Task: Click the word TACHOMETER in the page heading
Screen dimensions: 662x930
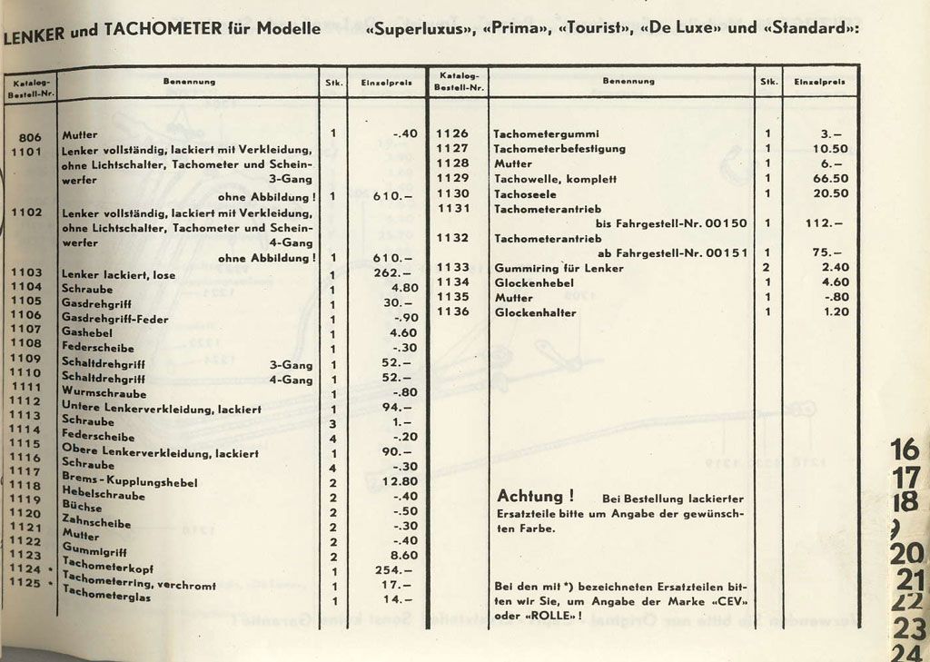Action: [x=163, y=28]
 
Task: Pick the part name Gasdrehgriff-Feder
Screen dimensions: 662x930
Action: [x=114, y=319]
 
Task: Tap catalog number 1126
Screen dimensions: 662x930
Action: [x=452, y=133]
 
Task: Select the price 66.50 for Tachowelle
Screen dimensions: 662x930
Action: [x=830, y=179]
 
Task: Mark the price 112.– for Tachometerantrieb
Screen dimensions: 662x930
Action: [x=824, y=223]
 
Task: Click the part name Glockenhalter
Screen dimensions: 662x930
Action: [x=535, y=312]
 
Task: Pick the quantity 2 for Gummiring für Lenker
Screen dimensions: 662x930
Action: [x=767, y=267]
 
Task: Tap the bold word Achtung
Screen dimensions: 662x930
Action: [x=536, y=496]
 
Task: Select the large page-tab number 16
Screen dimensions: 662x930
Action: [x=905, y=450]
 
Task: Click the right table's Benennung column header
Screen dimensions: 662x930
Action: [x=628, y=81]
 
